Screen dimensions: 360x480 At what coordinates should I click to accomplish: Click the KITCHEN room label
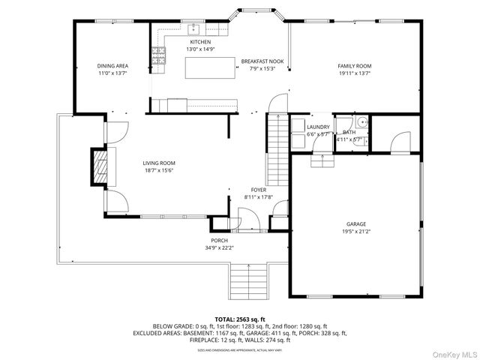pyautogui.click(x=200, y=42)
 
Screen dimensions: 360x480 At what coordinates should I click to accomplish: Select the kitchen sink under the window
pyautogui.click(x=193, y=29)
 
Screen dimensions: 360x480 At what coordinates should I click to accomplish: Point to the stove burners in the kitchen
pyautogui.click(x=158, y=53)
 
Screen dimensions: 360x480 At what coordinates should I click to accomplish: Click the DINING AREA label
pyautogui.click(x=112, y=66)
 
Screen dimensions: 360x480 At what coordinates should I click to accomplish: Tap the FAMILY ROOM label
pyautogui.click(x=354, y=66)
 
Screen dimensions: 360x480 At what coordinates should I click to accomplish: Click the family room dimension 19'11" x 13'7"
pyautogui.click(x=354, y=73)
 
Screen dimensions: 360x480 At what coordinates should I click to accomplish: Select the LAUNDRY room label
pyautogui.click(x=318, y=127)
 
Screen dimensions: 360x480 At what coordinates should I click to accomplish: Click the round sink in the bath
pyautogui.click(x=361, y=121)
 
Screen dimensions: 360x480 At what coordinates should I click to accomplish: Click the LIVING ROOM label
pyautogui.click(x=159, y=163)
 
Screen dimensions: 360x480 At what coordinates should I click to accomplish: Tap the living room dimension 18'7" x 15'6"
pyautogui.click(x=159, y=170)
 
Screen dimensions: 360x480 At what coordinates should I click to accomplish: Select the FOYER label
pyautogui.click(x=258, y=190)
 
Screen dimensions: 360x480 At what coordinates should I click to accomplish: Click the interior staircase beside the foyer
pyautogui.click(x=278, y=142)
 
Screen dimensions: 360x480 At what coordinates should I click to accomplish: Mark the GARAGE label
pyautogui.click(x=355, y=224)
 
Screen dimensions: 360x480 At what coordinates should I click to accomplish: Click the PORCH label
pyautogui.click(x=219, y=241)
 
